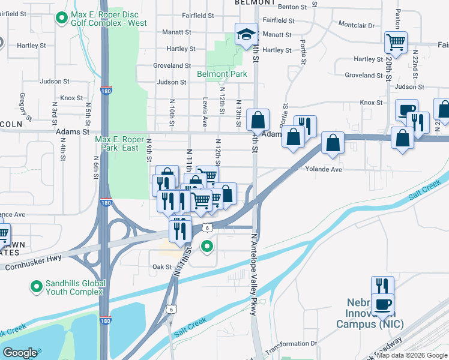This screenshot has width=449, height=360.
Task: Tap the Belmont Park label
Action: (x=222, y=74)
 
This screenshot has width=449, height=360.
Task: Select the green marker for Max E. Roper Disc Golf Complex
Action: (x=61, y=18)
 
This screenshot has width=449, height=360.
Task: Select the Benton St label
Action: (x=297, y=5)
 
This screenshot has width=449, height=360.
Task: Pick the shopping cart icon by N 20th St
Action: (x=396, y=41)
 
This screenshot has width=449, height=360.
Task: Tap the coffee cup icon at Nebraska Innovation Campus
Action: (x=382, y=304)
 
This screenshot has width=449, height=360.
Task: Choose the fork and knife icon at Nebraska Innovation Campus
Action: (x=382, y=286)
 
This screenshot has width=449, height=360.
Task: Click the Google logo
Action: (x=20, y=353)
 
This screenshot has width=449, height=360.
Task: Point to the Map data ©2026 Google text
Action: (x=412, y=355)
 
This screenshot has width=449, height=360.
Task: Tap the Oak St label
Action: (x=162, y=267)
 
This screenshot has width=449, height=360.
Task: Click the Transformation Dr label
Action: (x=291, y=343)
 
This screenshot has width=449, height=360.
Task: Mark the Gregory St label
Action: (x=24, y=105)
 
